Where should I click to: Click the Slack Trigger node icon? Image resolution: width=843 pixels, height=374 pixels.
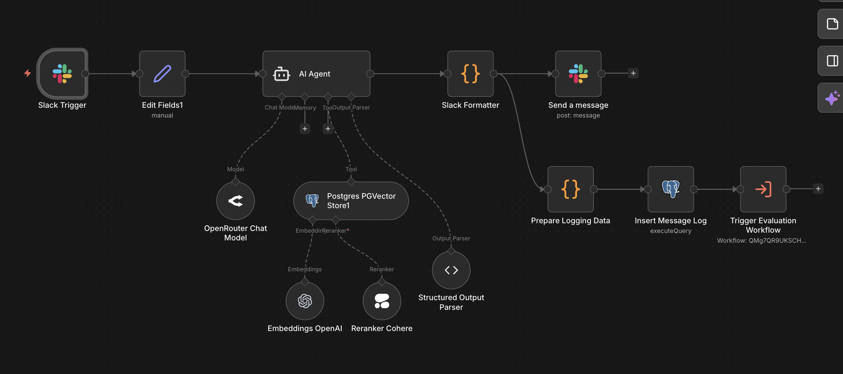pyautogui.click(x=62, y=74)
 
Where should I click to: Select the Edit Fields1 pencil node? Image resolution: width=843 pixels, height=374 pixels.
pyautogui.click(x=162, y=74)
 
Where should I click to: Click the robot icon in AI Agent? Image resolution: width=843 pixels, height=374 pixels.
pyautogui.click(x=281, y=74)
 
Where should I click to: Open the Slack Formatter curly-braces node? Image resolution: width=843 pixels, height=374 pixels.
pyautogui.click(x=470, y=74)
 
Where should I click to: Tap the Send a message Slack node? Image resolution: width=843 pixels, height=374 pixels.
pyautogui.click(x=578, y=74)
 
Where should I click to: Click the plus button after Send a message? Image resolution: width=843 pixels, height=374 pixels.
pyautogui.click(x=633, y=73)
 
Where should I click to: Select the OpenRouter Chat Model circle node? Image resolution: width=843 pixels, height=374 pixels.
pyautogui.click(x=235, y=201)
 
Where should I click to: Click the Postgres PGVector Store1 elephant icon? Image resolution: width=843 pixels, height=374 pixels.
pyautogui.click(x=312, y=200)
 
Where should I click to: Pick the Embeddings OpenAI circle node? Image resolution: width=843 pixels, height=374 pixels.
pyautogui.click(x=305, y=301)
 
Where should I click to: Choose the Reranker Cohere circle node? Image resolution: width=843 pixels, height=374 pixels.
pyautogui.click(x=382, y=301)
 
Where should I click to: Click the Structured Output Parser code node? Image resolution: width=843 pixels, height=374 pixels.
pyautogui.click(x=451, y=270)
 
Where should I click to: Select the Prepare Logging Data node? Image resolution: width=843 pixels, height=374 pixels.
pyautogui.click(x=570, y=189)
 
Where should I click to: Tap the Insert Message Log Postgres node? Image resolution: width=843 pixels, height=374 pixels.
pyautogui.click(x=670, y=189)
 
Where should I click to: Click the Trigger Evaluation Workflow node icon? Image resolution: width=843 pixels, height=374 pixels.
pyautogui.click(x=763, y=189)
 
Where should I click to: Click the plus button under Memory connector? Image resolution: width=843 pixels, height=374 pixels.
pyautogui.click(x=305, y=129)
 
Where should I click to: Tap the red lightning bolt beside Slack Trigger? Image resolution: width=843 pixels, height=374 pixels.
pyautogui.click(x=28, y=73)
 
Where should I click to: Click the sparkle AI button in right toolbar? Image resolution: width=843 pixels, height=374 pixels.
pyautogui.click(x=832, y=98)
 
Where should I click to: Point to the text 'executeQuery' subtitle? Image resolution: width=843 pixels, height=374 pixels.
pyautogui.click(x=670, y=231)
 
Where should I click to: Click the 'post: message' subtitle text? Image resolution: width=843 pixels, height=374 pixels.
pyautogui.click(x=578, y=115)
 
